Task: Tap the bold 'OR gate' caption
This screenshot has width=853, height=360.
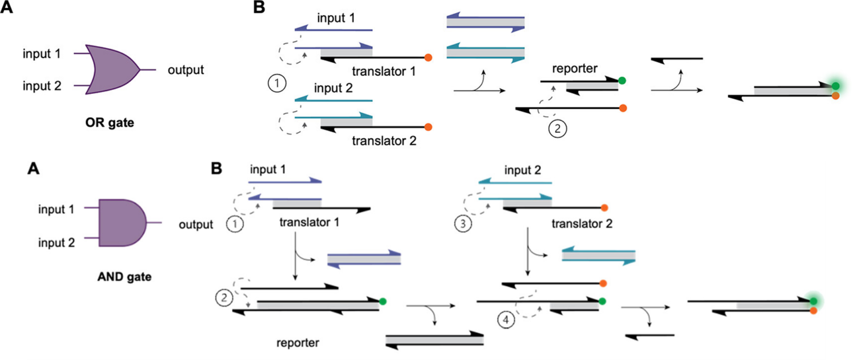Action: (x=110, y=123)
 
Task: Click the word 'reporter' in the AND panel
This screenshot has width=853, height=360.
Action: (x=298, y=343)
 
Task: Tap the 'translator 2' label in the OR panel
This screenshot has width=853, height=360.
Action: (x=384, y=141)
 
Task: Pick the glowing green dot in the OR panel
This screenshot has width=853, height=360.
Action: (x=836, y=86)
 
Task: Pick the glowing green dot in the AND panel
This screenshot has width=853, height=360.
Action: (x=813, y=301)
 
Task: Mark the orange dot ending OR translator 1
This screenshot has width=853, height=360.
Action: (x=428, y=57)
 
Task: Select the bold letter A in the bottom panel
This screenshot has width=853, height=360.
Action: (x=34, y=169)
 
